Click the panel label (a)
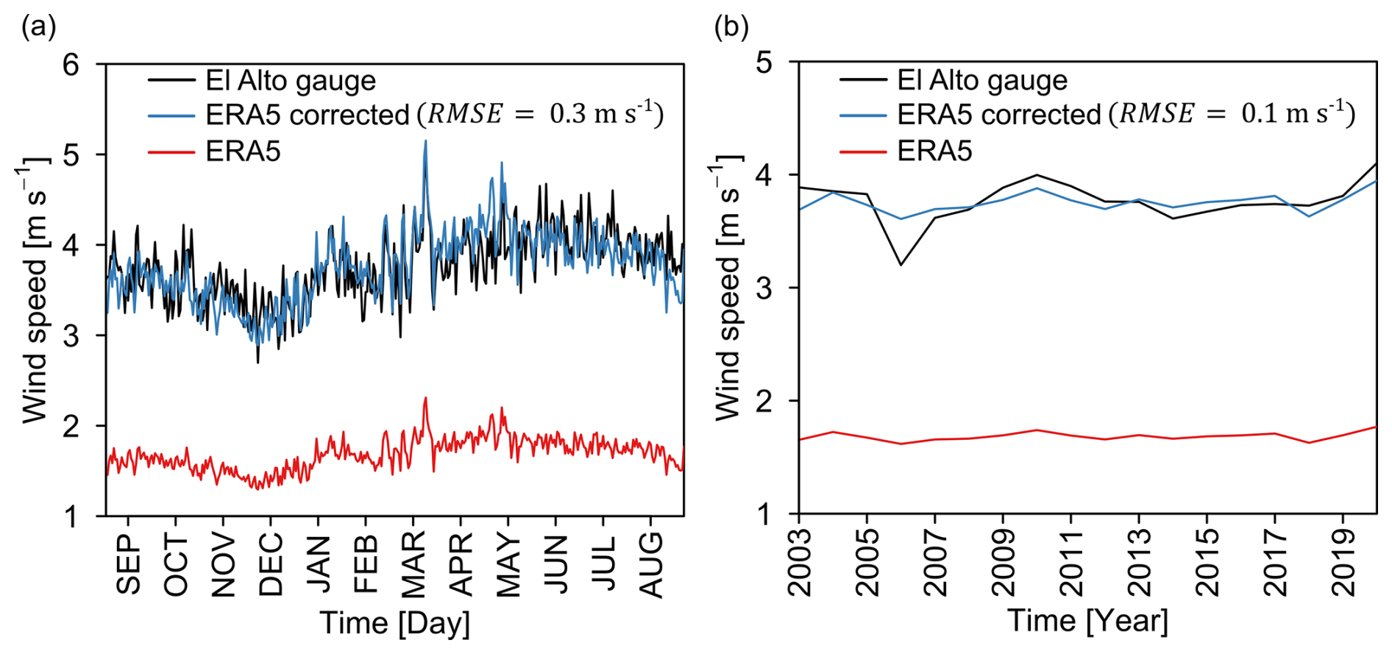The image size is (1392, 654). pyautogui.click(x=38, y=28)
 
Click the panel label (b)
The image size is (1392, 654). pyautogui.click(x=731, y=28)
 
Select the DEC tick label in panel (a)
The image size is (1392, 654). pyautogui.click(x=271, y=564)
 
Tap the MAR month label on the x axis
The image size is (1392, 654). pyautogui.click(x=413, y=564)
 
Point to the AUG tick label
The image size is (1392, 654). pyautogui.click(x=651, y=564)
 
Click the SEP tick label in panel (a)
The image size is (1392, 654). pyautogui.click(x=128, y=564)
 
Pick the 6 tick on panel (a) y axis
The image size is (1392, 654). pyautogui.click(x=71, y=65)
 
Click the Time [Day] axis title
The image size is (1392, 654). pyautogui.click(x=395, y=623)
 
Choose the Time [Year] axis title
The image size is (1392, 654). pyautogui.click(x=1087, y=620)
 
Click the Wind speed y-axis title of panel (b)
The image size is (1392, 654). pyautogui.click(x=727, y=287)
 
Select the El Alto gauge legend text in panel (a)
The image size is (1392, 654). pyautogui.click(x=291, y=80)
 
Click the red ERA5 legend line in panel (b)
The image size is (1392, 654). pyautogui.click(x=862, y=152)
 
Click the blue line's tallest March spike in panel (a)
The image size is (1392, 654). pyautogui.click(x=425, y=141)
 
